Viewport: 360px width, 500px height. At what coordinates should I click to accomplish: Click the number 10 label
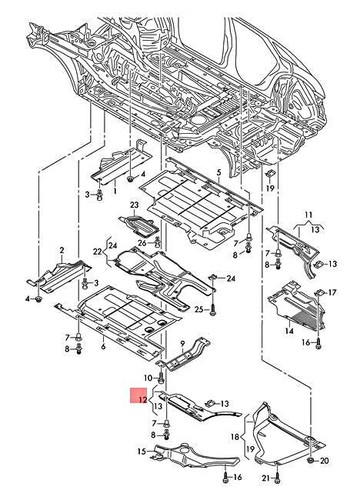point(148,378)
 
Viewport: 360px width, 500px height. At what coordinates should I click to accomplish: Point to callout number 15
point(142,453)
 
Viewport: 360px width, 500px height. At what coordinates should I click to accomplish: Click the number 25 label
point(199,311)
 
